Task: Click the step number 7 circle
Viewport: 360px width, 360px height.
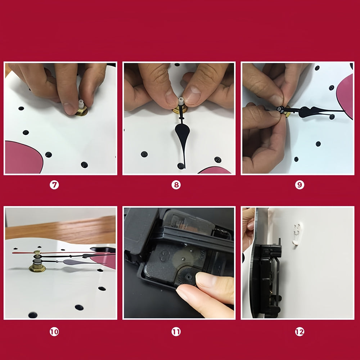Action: [54, 185]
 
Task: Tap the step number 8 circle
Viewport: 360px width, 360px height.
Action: [176, 185]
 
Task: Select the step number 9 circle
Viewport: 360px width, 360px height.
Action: [300, 185]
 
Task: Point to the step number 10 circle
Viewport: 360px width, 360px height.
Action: [54, 332]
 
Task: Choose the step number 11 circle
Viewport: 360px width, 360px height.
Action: [176, 332]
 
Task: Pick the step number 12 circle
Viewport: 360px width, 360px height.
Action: [300, 332]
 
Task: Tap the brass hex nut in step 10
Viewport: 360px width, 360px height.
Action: [37, 267]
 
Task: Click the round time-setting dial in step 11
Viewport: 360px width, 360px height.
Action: [187, 276]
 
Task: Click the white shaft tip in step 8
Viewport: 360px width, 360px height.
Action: [181, 102]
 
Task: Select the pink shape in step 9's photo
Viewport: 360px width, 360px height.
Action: [345, 96]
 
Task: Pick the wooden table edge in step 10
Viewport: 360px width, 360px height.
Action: [60, 230]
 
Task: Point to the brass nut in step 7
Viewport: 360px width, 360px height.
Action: [82, 112]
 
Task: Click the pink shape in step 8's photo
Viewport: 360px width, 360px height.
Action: [215, 170]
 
